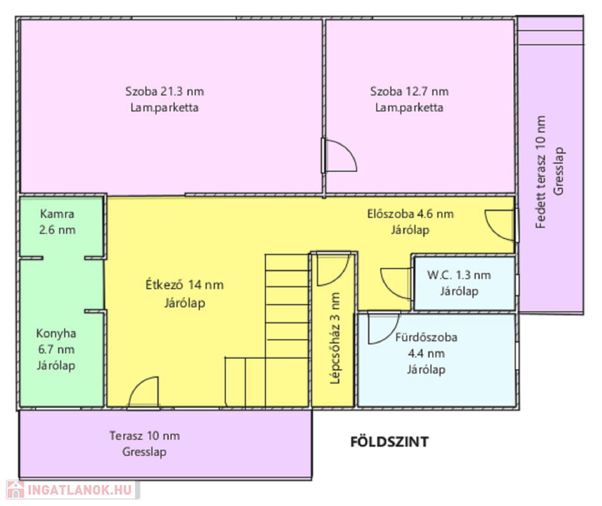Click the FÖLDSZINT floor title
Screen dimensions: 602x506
coord(389,442)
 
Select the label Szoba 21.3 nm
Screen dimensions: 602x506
coord(165,92)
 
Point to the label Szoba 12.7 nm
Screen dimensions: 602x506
coord(409,92)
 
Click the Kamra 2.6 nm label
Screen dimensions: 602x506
coord(57,221)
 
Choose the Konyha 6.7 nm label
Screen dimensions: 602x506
coord(56,349)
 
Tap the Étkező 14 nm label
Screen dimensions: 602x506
coord(184,285)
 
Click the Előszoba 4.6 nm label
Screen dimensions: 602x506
coord(410,214)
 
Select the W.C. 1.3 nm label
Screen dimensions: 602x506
coord(459,275)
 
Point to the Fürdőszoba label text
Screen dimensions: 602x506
coord(426,337)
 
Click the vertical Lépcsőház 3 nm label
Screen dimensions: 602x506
coord(335,338)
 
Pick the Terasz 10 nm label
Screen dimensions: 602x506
coord(145,436)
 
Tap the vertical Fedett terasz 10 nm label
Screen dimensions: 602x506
coord(541,172)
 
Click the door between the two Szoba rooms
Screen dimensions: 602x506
coord(339,155)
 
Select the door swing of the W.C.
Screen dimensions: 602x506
coord(395,283)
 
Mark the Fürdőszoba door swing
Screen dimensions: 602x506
coord(383,328)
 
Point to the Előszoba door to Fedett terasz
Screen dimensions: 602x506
coord(500,225)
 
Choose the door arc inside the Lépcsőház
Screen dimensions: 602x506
coord(333,270)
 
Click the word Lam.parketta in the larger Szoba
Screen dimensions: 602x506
coord(164,107)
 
